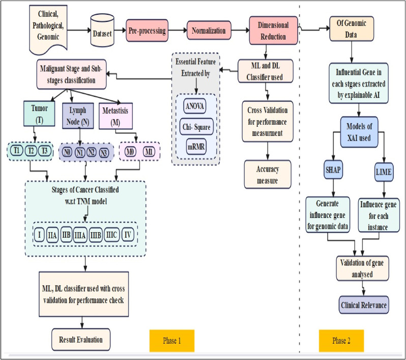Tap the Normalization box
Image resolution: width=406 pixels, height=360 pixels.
coord(209,30)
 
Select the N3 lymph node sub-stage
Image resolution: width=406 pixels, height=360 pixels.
coord(104,152)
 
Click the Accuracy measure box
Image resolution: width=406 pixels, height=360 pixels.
coord(267,174)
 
